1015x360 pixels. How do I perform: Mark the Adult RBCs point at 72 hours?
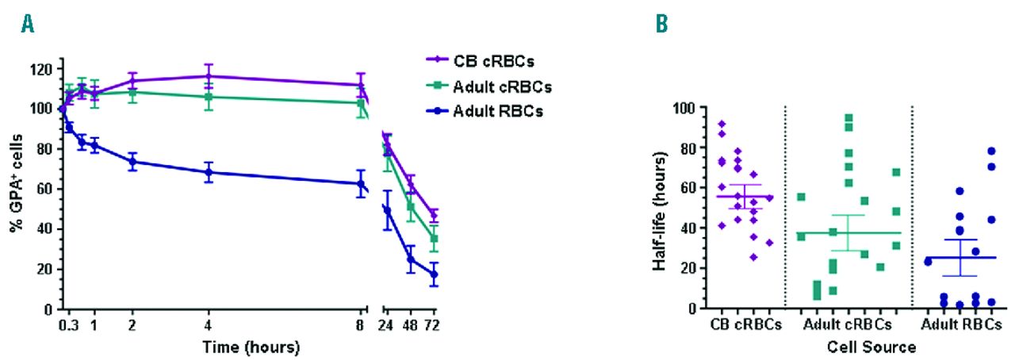(434, 275)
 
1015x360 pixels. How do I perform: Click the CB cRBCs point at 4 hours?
(208, 76)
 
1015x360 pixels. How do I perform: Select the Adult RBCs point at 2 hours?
(132, 161)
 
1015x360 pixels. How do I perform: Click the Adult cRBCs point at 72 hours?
(434, 239)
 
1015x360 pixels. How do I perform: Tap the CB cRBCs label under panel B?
(745, 324)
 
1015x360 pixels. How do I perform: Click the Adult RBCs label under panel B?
(961, 324)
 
